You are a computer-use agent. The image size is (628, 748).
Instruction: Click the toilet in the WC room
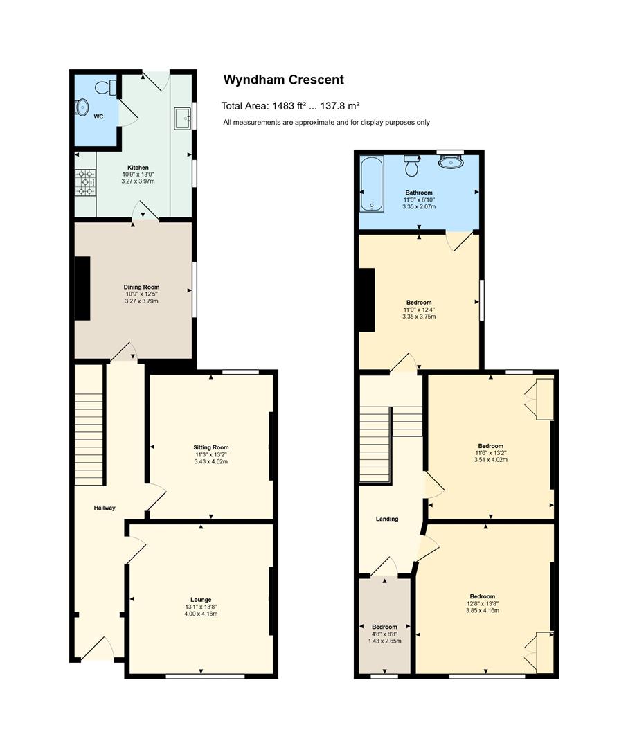[x=106, y=87]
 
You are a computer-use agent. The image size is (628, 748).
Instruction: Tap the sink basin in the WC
[x=82, y=107]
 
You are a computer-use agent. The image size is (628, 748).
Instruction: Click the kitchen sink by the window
[x=182, y=118]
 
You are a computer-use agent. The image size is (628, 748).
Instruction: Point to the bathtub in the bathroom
[x=372, y=184]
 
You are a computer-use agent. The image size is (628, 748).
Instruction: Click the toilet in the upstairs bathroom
[x=411, y=165]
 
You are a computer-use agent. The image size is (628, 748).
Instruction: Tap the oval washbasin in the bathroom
[x=451, y=161]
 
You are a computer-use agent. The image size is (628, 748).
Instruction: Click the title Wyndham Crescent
[x=284, y=80]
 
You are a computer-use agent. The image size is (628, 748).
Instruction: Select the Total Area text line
[x=290, y=106]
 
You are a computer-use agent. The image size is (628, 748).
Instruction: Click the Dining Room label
[x=142, y=287]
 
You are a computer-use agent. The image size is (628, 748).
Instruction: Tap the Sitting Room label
[x=210, y=447]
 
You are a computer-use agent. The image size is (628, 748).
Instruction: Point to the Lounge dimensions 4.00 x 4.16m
[x=201, y=614]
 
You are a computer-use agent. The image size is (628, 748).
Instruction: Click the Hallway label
[x=105, y=508]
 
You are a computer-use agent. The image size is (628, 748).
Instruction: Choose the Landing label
[x=387, y=519]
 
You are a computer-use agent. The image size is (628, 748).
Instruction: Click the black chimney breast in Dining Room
[x=82, y=288]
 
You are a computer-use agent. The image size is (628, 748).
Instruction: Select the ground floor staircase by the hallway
[x=89, y=425]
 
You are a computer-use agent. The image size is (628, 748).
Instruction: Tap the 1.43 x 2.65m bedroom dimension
[x=384, y=641]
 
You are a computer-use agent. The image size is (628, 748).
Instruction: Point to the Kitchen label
[x=138, y=168]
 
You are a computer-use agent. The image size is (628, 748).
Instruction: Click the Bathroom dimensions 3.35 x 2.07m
[x=419, y=206]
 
